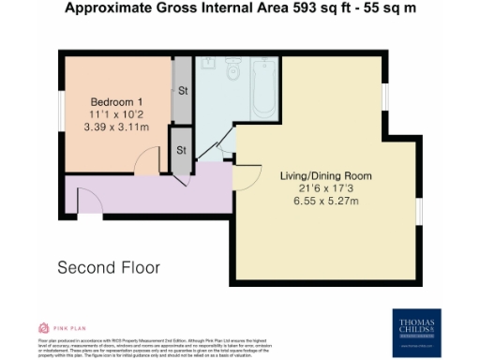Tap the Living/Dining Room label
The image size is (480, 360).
pos(326,175)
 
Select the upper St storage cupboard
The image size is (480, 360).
pos(182,91)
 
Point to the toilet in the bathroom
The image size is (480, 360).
pos(233,70)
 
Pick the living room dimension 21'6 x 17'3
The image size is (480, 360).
pos(326,187)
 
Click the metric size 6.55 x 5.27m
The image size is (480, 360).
pos(326,200)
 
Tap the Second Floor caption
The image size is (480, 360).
pos(109,267)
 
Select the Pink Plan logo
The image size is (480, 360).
pos(62,329)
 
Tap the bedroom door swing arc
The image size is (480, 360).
pos(142,167)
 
